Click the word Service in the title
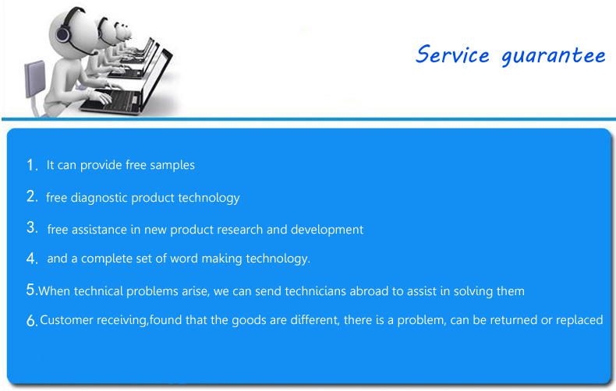tap(452, 55)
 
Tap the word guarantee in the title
tap(553, 57)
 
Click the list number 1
tap(32, 165)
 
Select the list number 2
tap(32, 196)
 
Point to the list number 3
tap(32, 227)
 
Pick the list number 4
tap(32, 259)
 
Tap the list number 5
tap(31, 290)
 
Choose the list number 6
tap(32, 321)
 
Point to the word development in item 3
tap(327, 230)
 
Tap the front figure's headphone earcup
tap(63, 33)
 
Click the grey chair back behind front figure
tap(34, 79)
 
